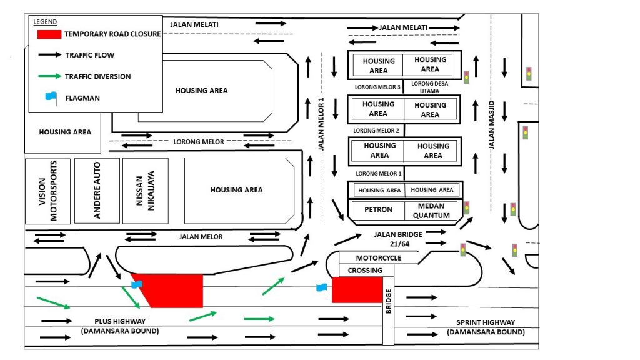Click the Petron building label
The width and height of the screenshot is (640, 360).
(378, 210)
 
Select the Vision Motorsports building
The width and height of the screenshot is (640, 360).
(48, 191)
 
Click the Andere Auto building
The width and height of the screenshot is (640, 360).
(97, 191)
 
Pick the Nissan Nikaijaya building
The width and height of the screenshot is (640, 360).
(145, 191)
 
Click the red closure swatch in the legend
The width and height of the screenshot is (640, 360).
(49, 34)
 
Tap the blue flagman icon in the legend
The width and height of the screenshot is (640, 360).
(51, 97)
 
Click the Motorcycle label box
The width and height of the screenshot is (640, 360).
(378, 257)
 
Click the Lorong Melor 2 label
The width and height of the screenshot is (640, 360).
(376, 131)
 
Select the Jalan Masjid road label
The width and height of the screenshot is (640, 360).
(491, 124)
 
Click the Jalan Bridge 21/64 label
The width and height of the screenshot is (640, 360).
(399, 238)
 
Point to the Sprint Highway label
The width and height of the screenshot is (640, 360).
(486, 326)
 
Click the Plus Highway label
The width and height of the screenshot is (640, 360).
(121, 326)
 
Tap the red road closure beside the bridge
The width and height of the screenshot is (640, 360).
(357, 290)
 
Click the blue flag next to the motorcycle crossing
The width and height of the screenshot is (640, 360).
(322, 287)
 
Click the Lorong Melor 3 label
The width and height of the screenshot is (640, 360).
(377, 87)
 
